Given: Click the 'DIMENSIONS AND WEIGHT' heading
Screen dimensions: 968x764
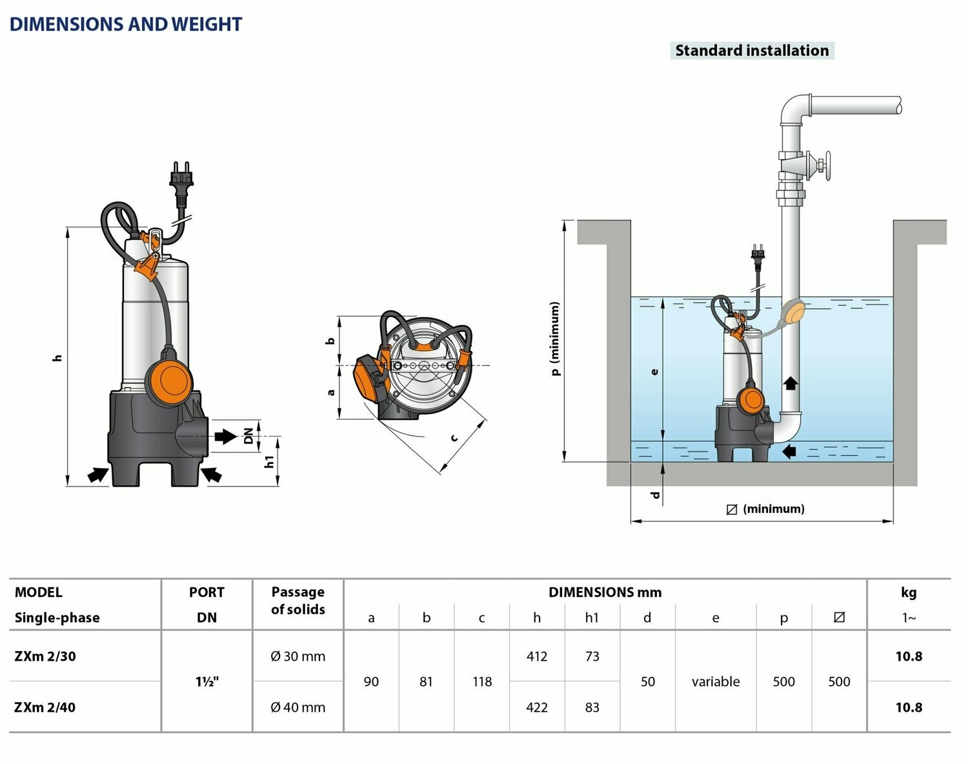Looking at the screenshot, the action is click(x=125, y=25).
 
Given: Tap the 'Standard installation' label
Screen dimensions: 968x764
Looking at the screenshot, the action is click(x=752, y=50).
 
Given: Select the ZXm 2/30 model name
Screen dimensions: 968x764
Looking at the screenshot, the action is click(x=45, y=656).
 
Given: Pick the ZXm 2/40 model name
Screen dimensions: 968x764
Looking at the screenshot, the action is click(x=45, y=707).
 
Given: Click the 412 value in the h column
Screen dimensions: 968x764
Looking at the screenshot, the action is click(x=537, y=656).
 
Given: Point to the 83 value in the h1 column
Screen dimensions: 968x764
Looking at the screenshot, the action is click(x=592, y=707).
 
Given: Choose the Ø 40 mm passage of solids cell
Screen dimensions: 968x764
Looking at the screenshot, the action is click(x=297, y=707).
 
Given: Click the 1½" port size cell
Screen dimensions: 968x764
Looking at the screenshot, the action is click(x=207, y=681).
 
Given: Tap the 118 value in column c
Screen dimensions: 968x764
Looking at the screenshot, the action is click(x=482, y=681).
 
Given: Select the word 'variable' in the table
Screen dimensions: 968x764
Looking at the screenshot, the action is click(x=716, y=681).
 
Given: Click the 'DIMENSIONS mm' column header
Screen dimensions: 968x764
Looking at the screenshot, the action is click(x=605, y=592).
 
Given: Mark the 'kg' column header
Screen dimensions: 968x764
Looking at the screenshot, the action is click(x=909, y=592).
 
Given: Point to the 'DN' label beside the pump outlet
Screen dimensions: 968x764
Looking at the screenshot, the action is click(x=248, y=436).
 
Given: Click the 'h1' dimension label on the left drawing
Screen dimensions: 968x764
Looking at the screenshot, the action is click(x=269, y=461).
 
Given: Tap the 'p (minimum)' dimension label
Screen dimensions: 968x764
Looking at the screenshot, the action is click(x=556, y=338).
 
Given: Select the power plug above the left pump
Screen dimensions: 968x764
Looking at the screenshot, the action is click(x=181, y=179).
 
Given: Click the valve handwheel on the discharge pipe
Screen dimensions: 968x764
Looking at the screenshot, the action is click(x=826, y=166).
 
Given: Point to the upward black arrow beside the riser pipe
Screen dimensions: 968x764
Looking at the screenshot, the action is click(x=791, y=383).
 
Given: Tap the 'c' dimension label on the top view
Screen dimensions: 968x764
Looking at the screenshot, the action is click(x=454, y=437).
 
